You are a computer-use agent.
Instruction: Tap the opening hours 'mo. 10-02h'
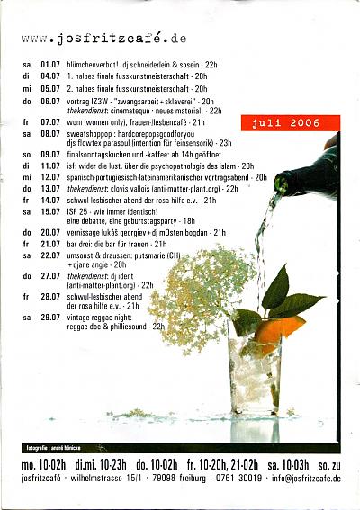(44, 463)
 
